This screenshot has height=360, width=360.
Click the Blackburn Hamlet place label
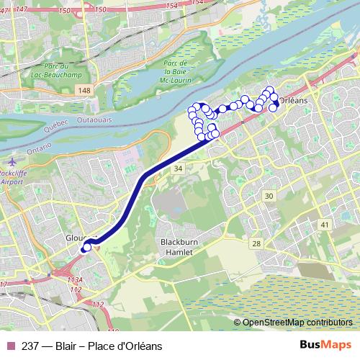pos(177,246)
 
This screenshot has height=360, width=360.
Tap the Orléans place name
pos(292,102)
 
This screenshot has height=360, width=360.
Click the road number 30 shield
pos(269,197)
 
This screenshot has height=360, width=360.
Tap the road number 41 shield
pos(325,225)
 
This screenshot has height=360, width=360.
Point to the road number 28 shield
pos(256,245)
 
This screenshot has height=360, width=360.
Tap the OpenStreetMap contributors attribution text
pos(297,323)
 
